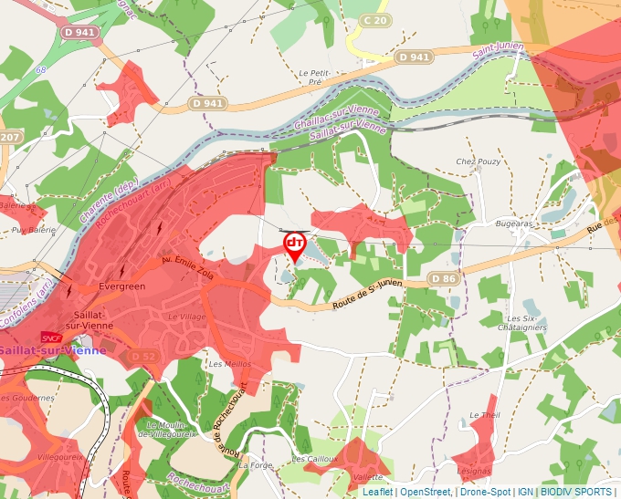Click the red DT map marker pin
295,245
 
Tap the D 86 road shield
443,278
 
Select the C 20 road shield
374,19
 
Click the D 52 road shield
143,356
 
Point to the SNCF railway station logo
51,338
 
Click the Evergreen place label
121,286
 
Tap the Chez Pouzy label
475,161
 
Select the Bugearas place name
514,223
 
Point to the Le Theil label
484,415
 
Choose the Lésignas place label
474,471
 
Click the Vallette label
366,476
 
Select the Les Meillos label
229,363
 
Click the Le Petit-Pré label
314,77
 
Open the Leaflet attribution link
377,492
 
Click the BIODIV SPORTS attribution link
576,492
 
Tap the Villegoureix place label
62,455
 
